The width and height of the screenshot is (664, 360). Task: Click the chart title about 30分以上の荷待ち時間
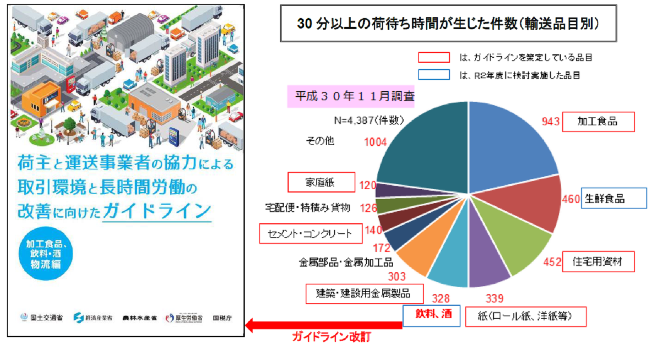pyautogui.click(x=448, y=23)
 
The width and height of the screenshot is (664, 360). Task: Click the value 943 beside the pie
pyautogui.click(x=550, y=122)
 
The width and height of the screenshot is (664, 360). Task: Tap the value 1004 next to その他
pyautogui.click(x=375, y=142)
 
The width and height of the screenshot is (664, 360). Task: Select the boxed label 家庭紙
pyautogui.click(x=321, y=182)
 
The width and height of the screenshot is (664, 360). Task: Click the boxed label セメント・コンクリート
pyautogui.click(x=310, y=233)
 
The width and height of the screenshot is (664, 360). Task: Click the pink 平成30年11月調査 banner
pyautogui.click(x=351, y=96)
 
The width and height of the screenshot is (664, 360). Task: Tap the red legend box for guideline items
pyautogui.click(x=434, y=58)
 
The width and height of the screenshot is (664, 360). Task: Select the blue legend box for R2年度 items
pyautogui.click(x=434, y=75)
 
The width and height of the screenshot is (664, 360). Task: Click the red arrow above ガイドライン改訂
pyautogui.click(x=324, y=325)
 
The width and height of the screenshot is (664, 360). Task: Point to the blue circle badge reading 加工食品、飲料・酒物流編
pyautogui.click(x=46, y=254)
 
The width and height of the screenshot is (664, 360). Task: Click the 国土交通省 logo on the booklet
pyautogui.click(x=42, y=318)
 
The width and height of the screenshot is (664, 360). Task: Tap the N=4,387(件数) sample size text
pyautogui.click(x=369, y=120)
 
